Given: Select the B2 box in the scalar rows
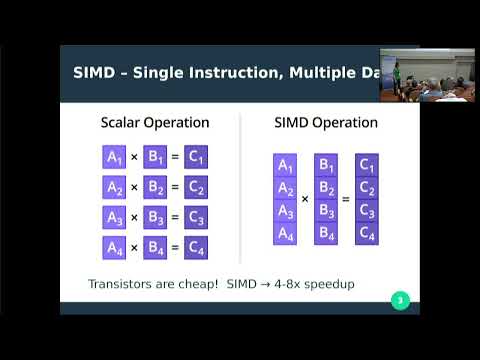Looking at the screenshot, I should tap(155, 187).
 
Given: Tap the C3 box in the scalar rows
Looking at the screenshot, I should tap(196, 217).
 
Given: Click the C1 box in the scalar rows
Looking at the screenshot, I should tap(196, 157).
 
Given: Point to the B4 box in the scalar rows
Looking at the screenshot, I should tap(155, 247).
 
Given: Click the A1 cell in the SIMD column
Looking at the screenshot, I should tap(285, 165).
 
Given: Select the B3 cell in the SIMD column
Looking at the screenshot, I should tap(326, 211).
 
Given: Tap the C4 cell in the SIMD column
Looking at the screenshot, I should tap(367, 235).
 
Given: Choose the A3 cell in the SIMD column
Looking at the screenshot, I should tap(285, 211).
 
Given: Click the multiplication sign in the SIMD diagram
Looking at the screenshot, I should tap(305, 200).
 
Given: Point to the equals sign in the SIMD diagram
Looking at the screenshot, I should tap(346, 200).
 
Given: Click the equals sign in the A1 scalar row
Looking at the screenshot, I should tap(175, 157).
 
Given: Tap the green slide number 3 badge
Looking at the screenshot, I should tap(400, 300).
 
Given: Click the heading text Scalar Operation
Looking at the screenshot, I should tap(155, 123).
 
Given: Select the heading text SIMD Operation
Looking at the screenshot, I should tap(326, 123).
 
